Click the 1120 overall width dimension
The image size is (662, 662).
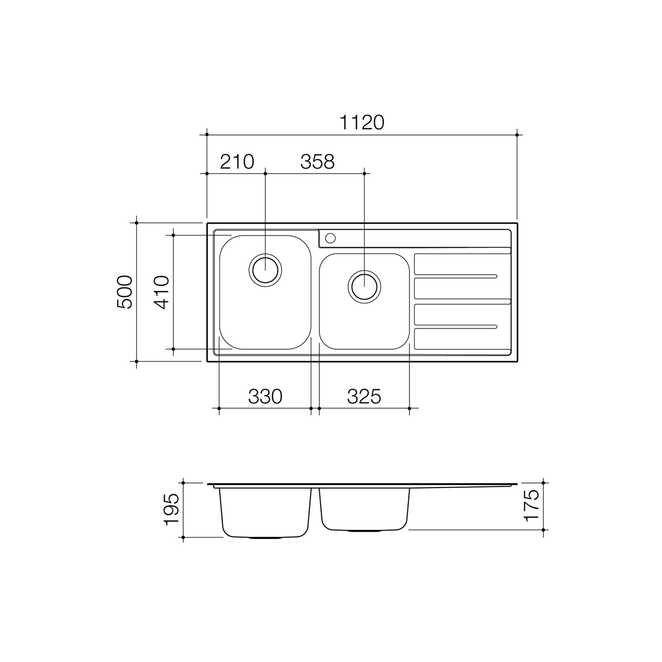pos(362,123)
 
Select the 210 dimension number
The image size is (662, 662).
pos(237,162)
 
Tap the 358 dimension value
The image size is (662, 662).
pos(317,162)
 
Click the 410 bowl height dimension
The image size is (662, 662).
pos(162,292)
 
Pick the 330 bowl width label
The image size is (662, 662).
pos(265,397)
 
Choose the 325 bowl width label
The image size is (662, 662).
pos(364,397)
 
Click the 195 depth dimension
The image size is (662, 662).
pos(172,509)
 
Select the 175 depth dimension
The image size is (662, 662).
pos(532,505)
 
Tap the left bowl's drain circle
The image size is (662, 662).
pos(265,270)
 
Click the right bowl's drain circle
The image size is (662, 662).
pos(364,286)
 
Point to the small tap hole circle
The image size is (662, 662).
pos(330,238)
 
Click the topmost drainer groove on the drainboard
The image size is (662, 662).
pos(463,251)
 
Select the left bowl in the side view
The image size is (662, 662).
pos(265,512)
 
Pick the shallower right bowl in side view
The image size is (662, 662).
pos(364,509)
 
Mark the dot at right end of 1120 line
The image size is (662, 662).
pos(517,135)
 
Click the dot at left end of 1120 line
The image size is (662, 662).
pos(206,135)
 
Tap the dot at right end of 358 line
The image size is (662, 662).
pos(364,174)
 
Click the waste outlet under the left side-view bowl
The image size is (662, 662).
pos(265,538)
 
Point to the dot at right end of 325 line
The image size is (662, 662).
pos(409,408)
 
